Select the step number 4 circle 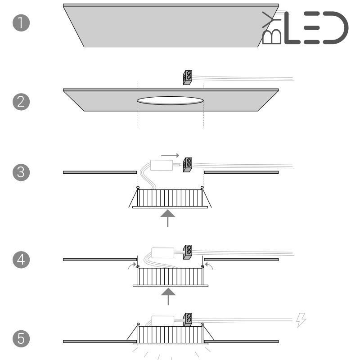coord(21,260)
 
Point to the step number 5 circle coord(21,338)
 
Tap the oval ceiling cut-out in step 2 coord(170,100)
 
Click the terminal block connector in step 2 coord(188,77)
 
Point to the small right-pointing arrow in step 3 coord(170,155)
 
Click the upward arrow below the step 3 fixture coord(168,218)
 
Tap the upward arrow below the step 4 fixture coord(168,297)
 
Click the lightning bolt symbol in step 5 coord(301,320)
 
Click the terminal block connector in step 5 coord(188,319)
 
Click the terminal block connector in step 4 coord(188,252)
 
